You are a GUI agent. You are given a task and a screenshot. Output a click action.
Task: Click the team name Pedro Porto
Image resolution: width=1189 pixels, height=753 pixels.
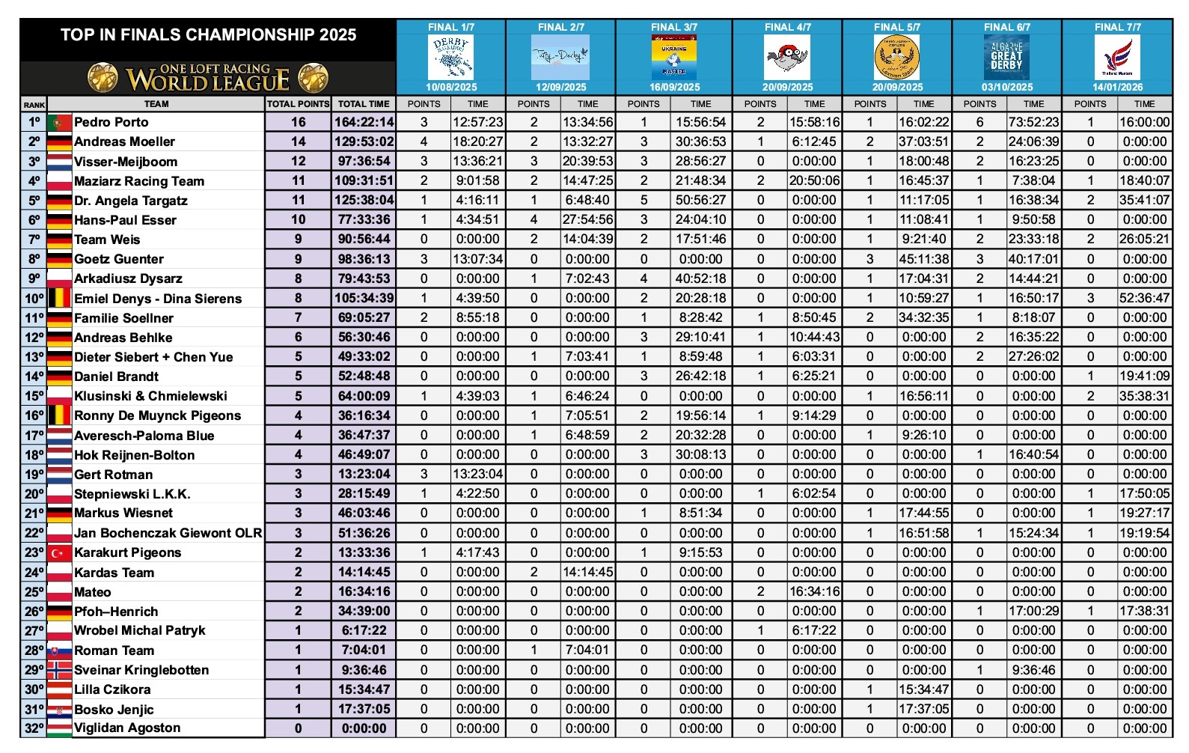pyautogui.click(x=111, y=122)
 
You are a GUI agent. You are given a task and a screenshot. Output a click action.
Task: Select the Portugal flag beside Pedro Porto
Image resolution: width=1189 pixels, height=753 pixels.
pyautogui.click(x=59, y=122)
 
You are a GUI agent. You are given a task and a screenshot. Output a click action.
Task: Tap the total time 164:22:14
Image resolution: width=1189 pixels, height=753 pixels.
pyautogui.click(x=364, y=122)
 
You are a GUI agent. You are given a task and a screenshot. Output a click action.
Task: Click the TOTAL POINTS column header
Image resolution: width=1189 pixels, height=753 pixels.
pyautogui.click(x=298, y=104)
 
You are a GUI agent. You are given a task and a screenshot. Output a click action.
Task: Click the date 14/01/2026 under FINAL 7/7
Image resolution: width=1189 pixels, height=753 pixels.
pyautogui.click(x=1117, y=87)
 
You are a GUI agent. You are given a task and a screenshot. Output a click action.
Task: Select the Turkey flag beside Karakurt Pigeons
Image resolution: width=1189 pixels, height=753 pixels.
pyautogui.click(x=59, y=552)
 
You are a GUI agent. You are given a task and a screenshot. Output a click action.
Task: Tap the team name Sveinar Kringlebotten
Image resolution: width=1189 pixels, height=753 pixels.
pyautogui.click(x=141, y=670)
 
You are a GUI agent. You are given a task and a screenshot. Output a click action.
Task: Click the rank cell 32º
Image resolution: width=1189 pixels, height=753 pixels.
pyautogui.click(x=34, y=728)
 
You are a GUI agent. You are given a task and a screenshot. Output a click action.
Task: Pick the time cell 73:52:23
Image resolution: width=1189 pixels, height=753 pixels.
pyautogui.click(x=1033, y=122)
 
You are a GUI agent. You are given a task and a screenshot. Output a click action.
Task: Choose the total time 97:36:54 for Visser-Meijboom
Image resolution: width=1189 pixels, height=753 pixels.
pyautogui.click(x=364, y=161)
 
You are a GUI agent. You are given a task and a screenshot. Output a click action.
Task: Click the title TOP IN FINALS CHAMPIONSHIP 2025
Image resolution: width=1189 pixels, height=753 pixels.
pyautogui.click(x=208, y=34)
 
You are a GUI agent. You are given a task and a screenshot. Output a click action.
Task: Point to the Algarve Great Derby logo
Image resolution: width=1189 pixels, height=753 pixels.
pyautogui.click(x=1006, y=57)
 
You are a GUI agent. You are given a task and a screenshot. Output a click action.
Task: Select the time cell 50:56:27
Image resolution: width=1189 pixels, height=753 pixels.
pyautogui.click(x=700, y=200)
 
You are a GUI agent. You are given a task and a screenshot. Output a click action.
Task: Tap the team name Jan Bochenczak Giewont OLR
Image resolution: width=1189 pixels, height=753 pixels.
pyautogui.click(x=168, y=533)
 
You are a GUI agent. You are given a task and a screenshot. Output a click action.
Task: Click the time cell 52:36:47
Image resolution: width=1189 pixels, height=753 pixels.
pyautogui.click(x=1144, y=298)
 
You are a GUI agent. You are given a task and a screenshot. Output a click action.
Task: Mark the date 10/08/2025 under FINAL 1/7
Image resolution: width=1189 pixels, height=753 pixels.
pyautogui.click(x=451, y=87)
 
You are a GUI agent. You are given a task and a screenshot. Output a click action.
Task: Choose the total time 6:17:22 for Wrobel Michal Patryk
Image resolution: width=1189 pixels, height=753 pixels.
pyautogui.click(x=364, y=630)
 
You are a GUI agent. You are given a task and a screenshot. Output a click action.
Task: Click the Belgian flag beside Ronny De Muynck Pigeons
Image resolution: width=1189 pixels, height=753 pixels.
pyautogui.click(x=59, y=415)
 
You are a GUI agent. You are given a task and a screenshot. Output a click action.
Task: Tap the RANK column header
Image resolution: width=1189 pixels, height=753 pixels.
pyautogui.click(x=34, y=105)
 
